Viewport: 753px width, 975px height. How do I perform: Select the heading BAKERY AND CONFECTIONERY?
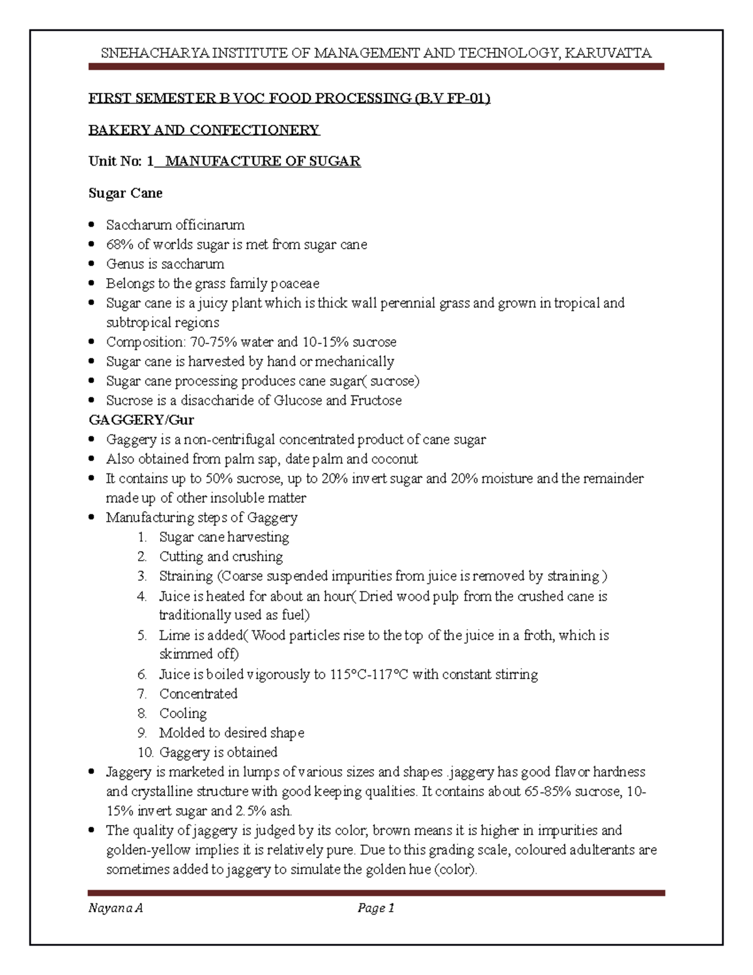(204, 130)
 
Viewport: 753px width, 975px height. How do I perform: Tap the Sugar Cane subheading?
(125, 193)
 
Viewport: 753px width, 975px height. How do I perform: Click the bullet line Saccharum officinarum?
(175, 225)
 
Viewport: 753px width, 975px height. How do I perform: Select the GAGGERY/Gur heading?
(141, 419)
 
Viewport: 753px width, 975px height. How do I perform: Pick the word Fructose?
(376, 400)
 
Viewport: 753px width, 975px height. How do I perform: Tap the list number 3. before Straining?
(142, 576)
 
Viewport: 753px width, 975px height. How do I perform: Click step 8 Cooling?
(183, 713)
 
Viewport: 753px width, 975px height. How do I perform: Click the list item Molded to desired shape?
(232, 733)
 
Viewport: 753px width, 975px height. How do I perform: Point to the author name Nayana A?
(115, 908)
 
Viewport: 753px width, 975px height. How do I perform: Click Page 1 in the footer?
(375, 908)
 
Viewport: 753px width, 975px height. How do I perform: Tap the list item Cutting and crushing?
(221, 556)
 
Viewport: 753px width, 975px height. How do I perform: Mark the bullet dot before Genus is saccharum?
(92, 264)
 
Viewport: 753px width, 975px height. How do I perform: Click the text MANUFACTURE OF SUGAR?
(262, 161)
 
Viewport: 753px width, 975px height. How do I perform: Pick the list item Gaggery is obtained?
(218, 752)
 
